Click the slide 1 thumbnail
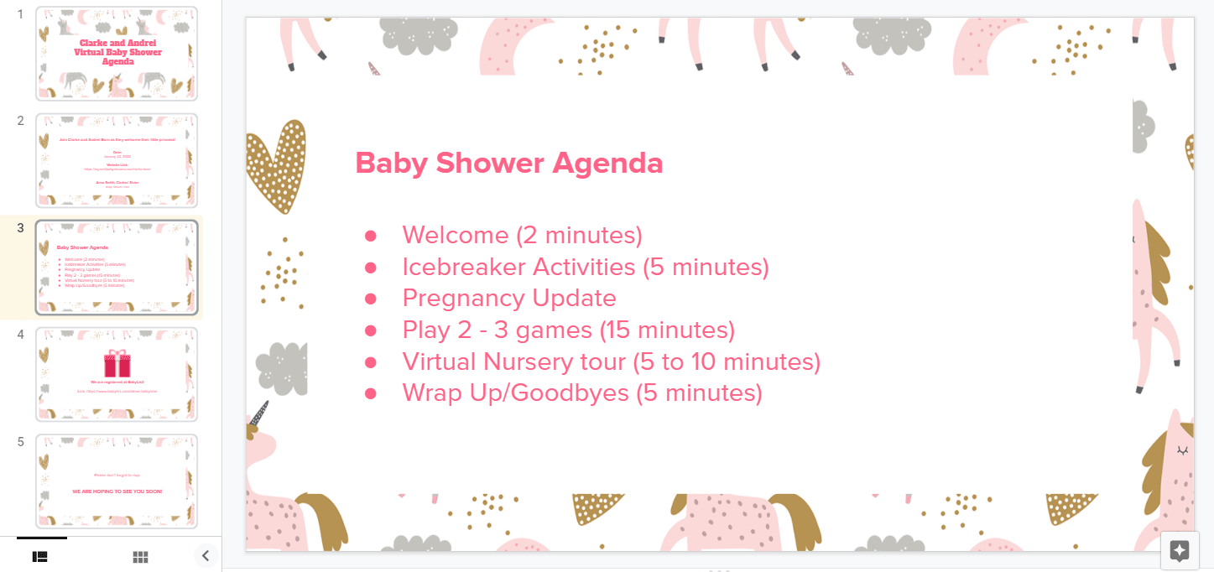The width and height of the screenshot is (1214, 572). click(117, 54)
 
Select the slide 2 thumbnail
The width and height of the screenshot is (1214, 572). click(117, 160)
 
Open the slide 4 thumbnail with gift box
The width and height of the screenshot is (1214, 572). click(117, 374)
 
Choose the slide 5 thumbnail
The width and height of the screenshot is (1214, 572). click(117, 481)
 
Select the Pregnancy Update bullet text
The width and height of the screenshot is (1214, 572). click(508, 298)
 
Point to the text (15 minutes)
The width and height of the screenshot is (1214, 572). click(667, 330)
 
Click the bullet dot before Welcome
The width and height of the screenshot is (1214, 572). click(371, 236)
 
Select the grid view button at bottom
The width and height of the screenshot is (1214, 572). click(140, 557)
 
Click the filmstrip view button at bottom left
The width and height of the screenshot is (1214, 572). click(39, 557)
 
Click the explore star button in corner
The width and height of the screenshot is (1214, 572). click(1179, 550)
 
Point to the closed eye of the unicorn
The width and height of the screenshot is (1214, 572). click(1182, 450)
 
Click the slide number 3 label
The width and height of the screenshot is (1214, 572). click(21, 228)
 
